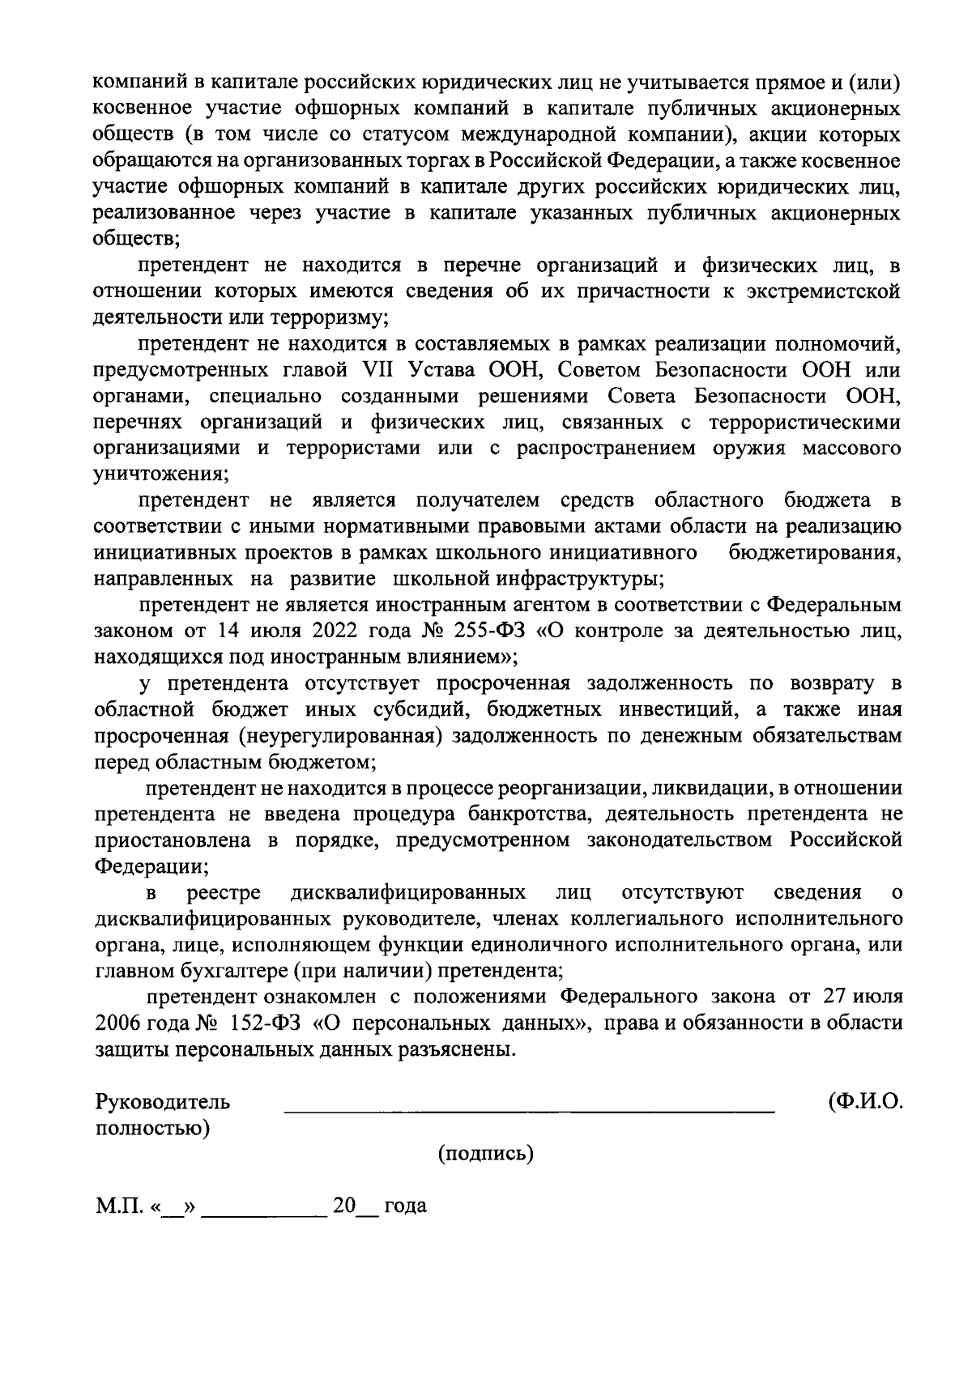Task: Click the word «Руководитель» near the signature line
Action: [x=163, y=1102]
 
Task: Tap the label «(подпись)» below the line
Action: [x=485, y=1154]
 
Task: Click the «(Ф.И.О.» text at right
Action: [x=865, y=1102]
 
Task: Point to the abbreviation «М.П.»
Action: [x=118, y=1206]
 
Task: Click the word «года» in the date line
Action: [x=405, y=1206]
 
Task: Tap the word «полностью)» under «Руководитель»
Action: [x=152, y=1128]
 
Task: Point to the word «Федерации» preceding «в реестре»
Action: [x=150, y=866]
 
